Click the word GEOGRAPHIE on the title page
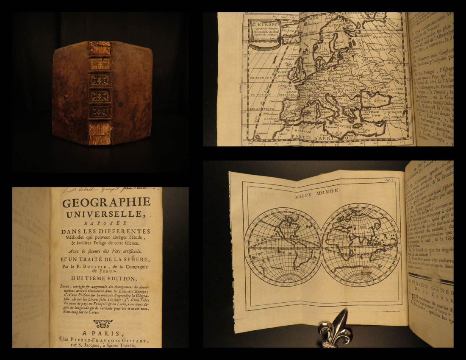coord(106,202)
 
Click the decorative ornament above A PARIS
coord(103,324)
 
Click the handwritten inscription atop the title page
coord(106,190)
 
